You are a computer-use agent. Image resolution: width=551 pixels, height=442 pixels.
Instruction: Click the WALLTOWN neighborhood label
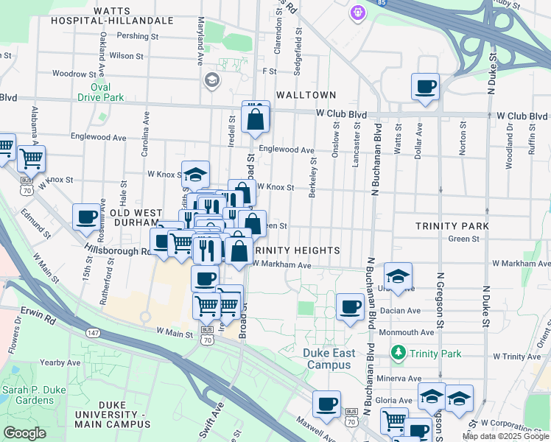(x=306, y=95)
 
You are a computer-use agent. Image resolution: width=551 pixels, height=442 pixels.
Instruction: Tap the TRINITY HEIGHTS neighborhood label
(x=297, y=250)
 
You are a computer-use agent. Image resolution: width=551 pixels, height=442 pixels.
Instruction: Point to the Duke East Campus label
(x=329, y=359)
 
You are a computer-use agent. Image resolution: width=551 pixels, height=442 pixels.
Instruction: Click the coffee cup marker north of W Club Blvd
(x=426, y=87)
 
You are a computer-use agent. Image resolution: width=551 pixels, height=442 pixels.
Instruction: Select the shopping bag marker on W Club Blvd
(x=255, y=118)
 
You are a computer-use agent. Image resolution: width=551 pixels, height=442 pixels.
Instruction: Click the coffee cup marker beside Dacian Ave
(x=350, y=306)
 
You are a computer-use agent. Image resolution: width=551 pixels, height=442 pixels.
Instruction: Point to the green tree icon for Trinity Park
(x=399, y=354)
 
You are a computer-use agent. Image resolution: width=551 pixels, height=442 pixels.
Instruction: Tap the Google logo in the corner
(x=25, y=432)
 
